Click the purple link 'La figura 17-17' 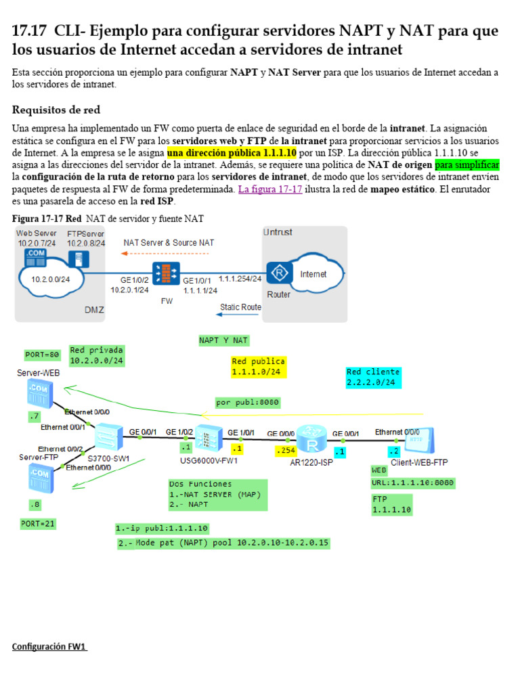click(x=269, y=189)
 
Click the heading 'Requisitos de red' click(x=56, y=110)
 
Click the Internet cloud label click(x=313, y=274)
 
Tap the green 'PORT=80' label click(x=43, y=354)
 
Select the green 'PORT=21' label click(x=39, y=523)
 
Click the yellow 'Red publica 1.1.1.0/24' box click(x=259, y=367)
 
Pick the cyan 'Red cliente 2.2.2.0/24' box click(x=372, y=378)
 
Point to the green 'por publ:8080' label click(x=247, y=402)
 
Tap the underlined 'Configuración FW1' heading click(x=49, y=646)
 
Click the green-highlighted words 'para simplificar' click(x=467, y=165)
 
